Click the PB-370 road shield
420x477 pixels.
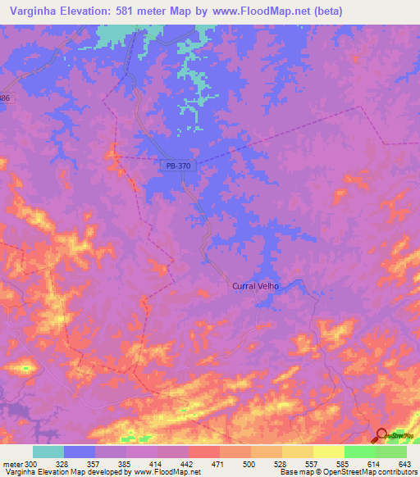click(178, 166)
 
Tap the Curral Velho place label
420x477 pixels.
click(256, 286)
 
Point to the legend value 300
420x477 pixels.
click(30, 464)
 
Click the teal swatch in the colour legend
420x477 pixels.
click(48, 452)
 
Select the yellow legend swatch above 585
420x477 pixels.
click(329, 452)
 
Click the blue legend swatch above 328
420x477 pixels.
click(80, 452)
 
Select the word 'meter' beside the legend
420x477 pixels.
click(11, 464)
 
